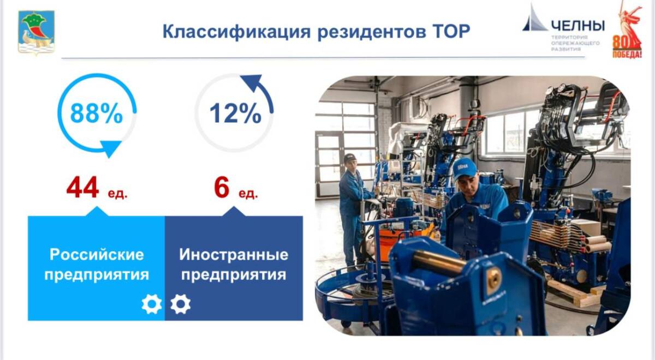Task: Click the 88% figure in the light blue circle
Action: [x=97, y=113]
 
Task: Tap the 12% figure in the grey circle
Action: [x=235, y=113]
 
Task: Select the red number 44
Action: [x=82, y=187]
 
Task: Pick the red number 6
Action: [x=222, y=187]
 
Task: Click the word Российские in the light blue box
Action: [x=97, y=255]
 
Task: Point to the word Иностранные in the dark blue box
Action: [x=234, y=255]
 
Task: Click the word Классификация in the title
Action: [x=236, y=32]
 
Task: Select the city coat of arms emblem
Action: [x=36, y=32]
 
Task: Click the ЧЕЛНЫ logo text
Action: [x=578, y=26]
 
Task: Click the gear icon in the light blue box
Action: [x=152, y=304]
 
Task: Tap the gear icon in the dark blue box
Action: [x=181, y=304]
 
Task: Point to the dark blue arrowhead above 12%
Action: [x=252, y=83]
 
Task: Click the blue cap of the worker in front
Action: [x=464, y=169]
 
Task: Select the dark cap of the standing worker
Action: [x=349, y=158]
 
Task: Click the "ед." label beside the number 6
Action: [x=248, y=194]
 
